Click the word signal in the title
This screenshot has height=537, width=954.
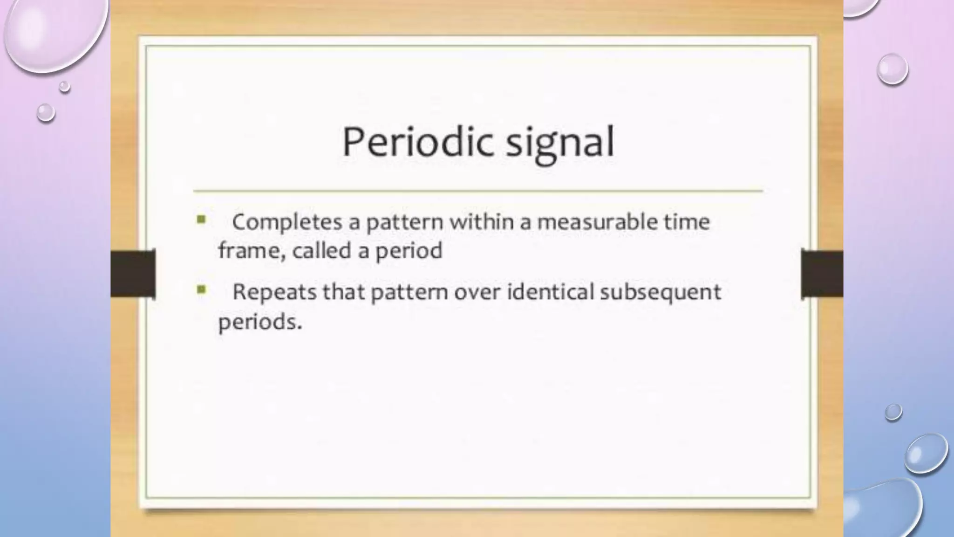pos(560,143)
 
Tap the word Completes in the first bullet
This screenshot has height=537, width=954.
pos(287,222)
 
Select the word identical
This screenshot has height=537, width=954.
pos(550,292)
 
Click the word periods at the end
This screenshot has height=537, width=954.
pos(259,322)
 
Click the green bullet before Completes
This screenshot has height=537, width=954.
pos(201,220)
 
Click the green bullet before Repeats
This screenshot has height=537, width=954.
pos(201,290)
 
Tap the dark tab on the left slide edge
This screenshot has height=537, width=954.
pos(133,274)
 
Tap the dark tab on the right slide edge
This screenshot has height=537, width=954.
pos(822,274)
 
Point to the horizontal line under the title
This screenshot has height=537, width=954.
pos(477,191)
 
